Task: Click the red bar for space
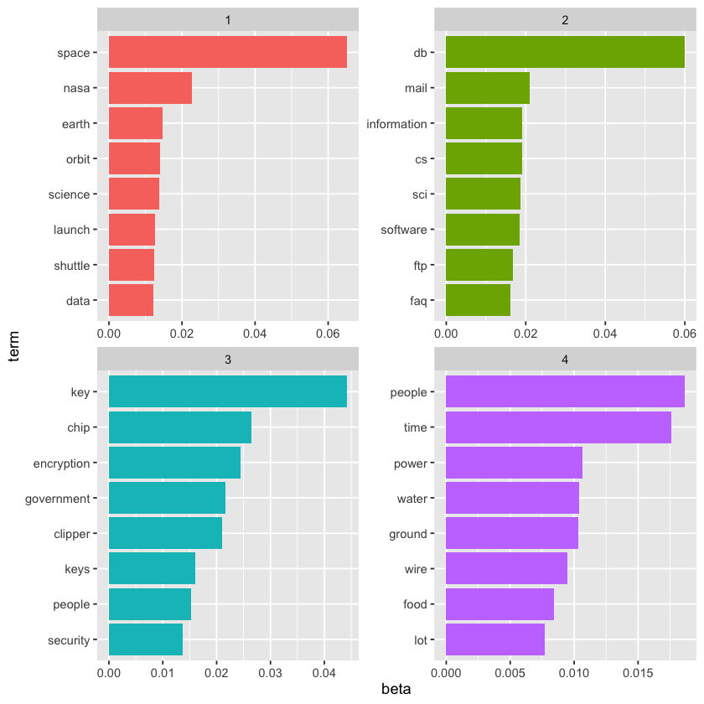227,53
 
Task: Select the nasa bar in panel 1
150,88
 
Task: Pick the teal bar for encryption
174,463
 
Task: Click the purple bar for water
512,498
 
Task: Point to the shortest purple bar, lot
494,639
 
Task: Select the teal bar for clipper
165,533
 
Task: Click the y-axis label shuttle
71,265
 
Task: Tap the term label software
404,230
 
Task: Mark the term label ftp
419,265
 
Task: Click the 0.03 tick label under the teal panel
270,672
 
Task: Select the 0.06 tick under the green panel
684,333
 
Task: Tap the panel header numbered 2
564,19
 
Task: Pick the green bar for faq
478,300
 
